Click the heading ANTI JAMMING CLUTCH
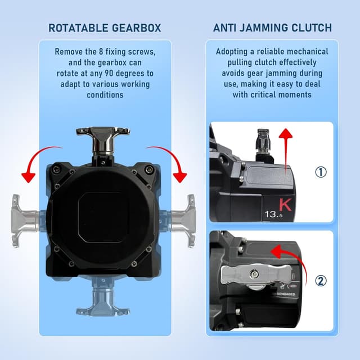272,28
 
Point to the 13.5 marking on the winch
273,214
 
